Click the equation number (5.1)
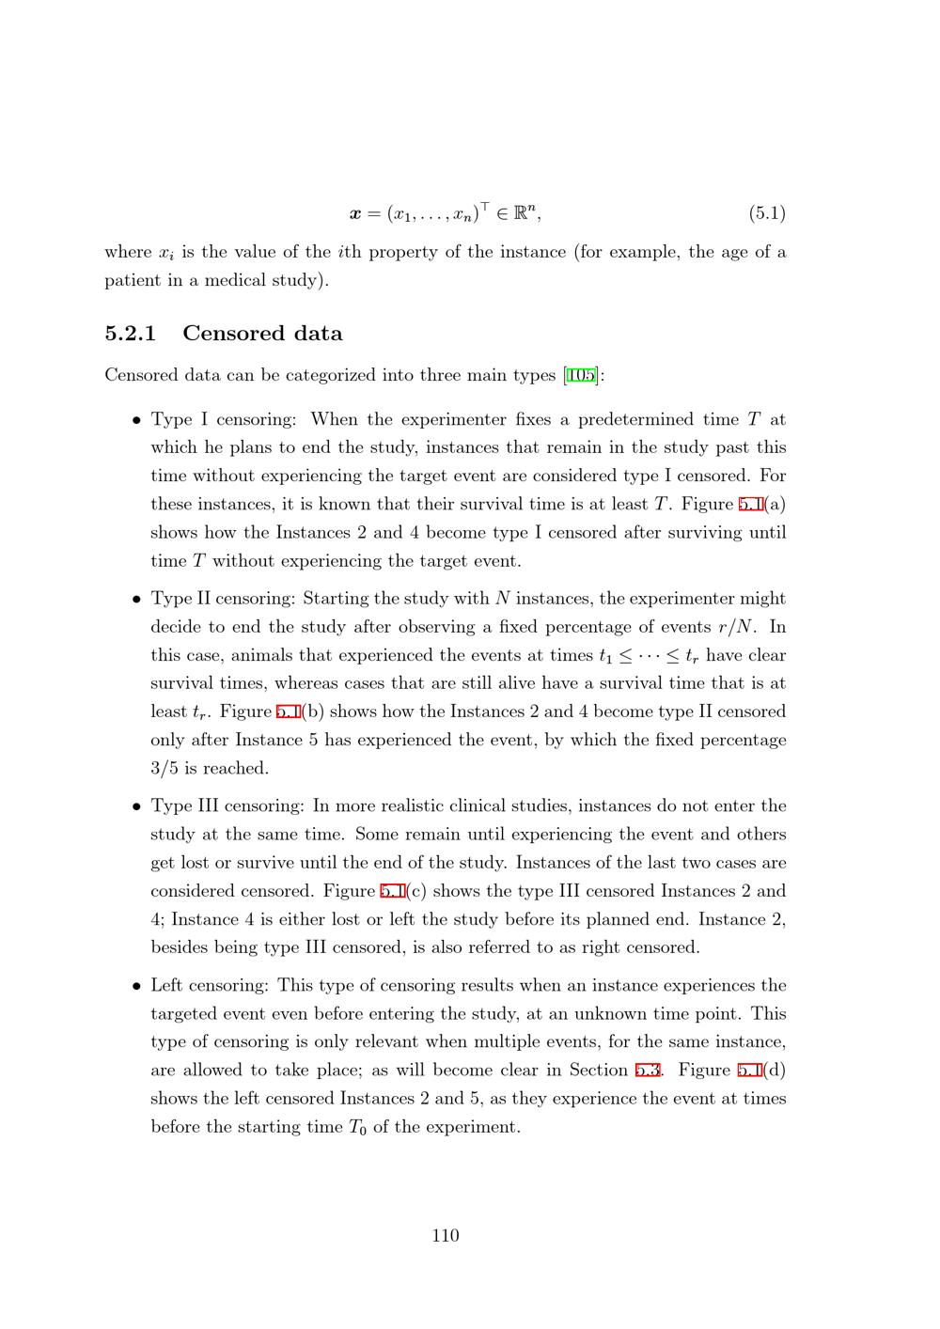click(x=767, y=213)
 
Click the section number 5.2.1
click(x=130, y=334)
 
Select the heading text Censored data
click(x=262, y=334)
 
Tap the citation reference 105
click(x=581, y=376)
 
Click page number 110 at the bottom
click(x=446, y=1236)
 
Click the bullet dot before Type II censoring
click(x=136, y=600)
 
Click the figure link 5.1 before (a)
click(x=750, y=505)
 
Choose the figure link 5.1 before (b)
click(x=288, y=712)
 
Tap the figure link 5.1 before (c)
click(x=392, y=891)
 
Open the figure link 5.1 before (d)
click(x=749, y=1071)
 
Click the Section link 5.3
click(x=648, y=1071)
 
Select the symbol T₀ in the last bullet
click(x=356, y=1128)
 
